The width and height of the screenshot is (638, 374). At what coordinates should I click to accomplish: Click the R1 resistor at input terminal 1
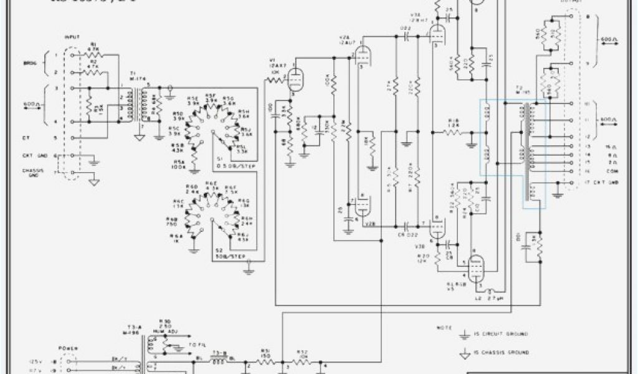(x=95, y=55)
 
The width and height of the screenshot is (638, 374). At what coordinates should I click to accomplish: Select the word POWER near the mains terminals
(x=67, y=349)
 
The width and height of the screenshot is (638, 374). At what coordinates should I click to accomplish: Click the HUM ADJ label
(x=167, y=332)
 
